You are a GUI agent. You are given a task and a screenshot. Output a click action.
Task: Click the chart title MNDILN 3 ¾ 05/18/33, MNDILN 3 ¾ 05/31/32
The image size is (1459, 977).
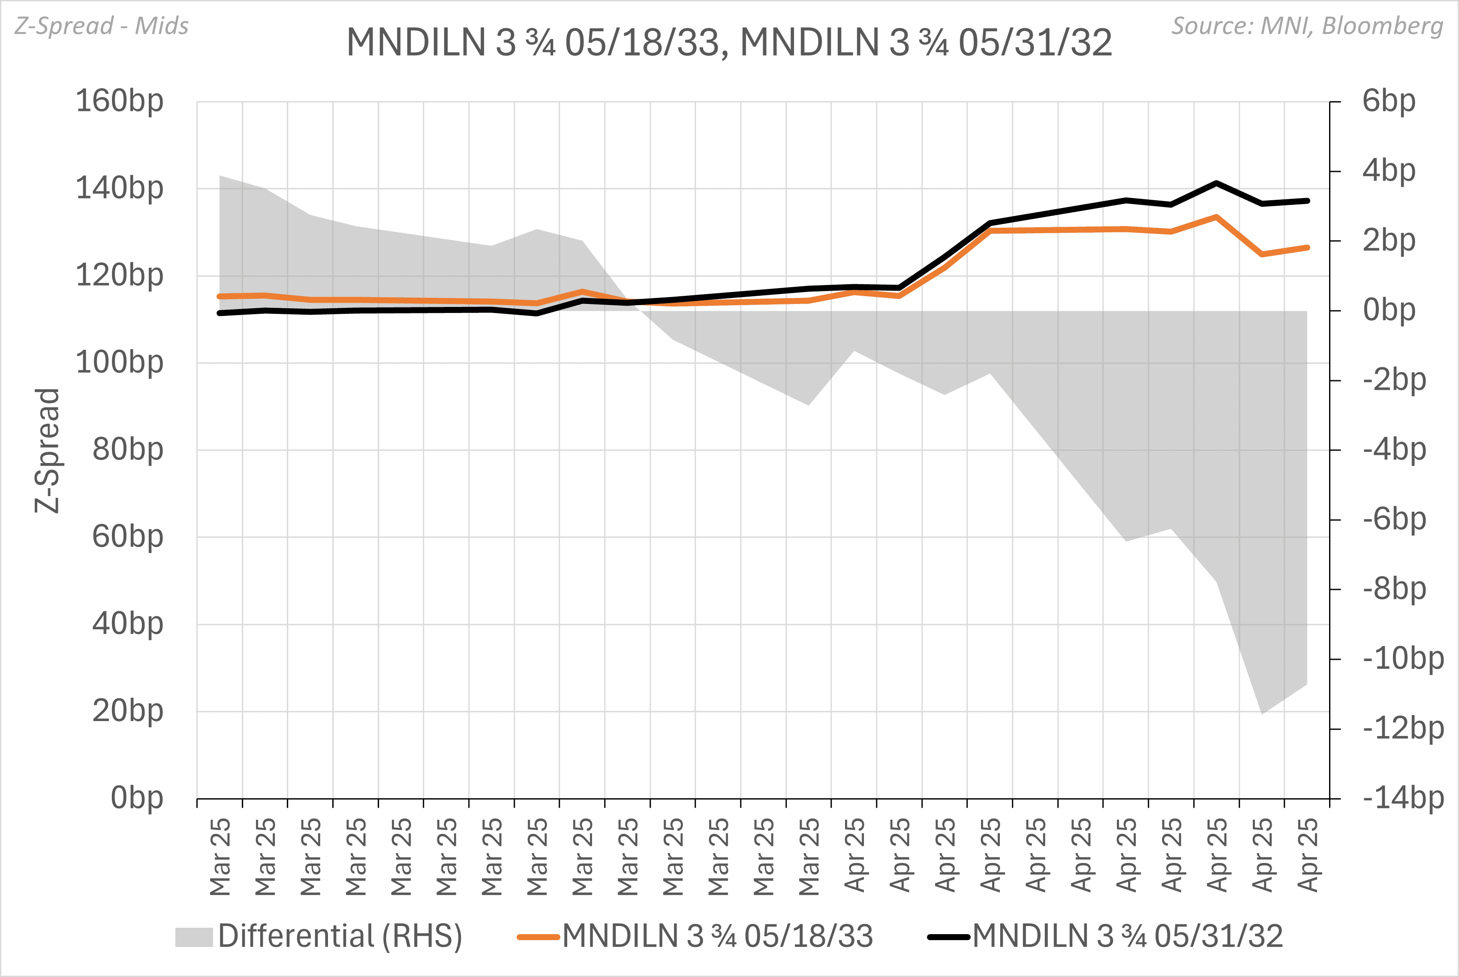(x=729, y=42)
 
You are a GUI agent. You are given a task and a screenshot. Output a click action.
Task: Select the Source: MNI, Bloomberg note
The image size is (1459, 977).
(x=1307, y=26)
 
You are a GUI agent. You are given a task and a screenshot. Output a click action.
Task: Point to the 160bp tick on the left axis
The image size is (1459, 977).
(x=119, y=101)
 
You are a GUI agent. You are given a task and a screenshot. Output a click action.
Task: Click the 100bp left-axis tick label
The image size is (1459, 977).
(x=119, y=362)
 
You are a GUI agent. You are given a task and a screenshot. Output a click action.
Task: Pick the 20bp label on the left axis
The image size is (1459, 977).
(x=128, y=710)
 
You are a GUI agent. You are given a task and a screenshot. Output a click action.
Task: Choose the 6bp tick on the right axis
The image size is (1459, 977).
(x=1389, y=101)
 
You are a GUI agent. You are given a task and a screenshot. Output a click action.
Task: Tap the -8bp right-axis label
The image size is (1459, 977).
(x=1394, y=589)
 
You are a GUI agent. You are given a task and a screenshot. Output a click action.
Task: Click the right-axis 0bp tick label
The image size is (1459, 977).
(x=1389, y=310)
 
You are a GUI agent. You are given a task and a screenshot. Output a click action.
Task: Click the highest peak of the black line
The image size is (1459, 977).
(x=1216, y=183)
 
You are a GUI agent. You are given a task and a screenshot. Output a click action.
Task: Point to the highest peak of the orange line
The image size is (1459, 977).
(x=1216, y=217)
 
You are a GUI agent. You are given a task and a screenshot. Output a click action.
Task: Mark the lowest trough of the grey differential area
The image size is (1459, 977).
(x=1262, y=713)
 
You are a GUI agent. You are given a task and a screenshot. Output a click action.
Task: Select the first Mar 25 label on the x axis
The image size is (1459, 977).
(x=220, y=857)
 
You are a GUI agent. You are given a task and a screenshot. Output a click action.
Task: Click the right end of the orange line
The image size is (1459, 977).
(x=1307, y=247)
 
